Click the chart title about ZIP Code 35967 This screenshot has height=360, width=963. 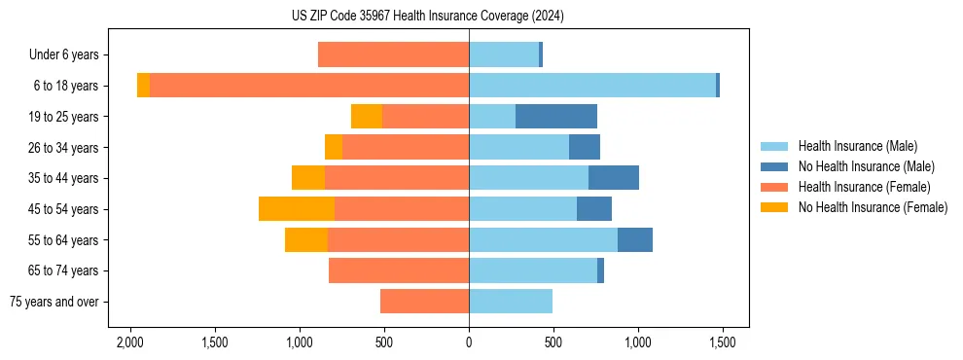point(427,17)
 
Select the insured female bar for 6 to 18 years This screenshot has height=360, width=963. point(309,86)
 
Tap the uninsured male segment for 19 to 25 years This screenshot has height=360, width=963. point(556,117)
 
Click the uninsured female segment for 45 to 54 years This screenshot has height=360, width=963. point(297,209)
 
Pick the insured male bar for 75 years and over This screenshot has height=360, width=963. point(511,302)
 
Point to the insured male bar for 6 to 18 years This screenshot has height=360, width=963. point(592,86)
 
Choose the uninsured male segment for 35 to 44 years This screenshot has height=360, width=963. point(614,178)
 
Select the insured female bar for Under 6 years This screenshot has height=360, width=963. point(393,55)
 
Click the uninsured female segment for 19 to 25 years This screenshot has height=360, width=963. point(367,117)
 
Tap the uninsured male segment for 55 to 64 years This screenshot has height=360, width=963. point(635,240)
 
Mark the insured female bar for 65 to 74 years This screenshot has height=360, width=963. point(399,270)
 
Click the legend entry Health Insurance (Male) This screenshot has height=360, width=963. point(857,146)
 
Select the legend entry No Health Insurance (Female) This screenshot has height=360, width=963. point(873,207)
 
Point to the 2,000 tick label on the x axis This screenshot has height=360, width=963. point(129,343)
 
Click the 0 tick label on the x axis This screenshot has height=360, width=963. point(469,343)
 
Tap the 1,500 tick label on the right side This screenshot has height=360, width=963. point(723,343)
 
